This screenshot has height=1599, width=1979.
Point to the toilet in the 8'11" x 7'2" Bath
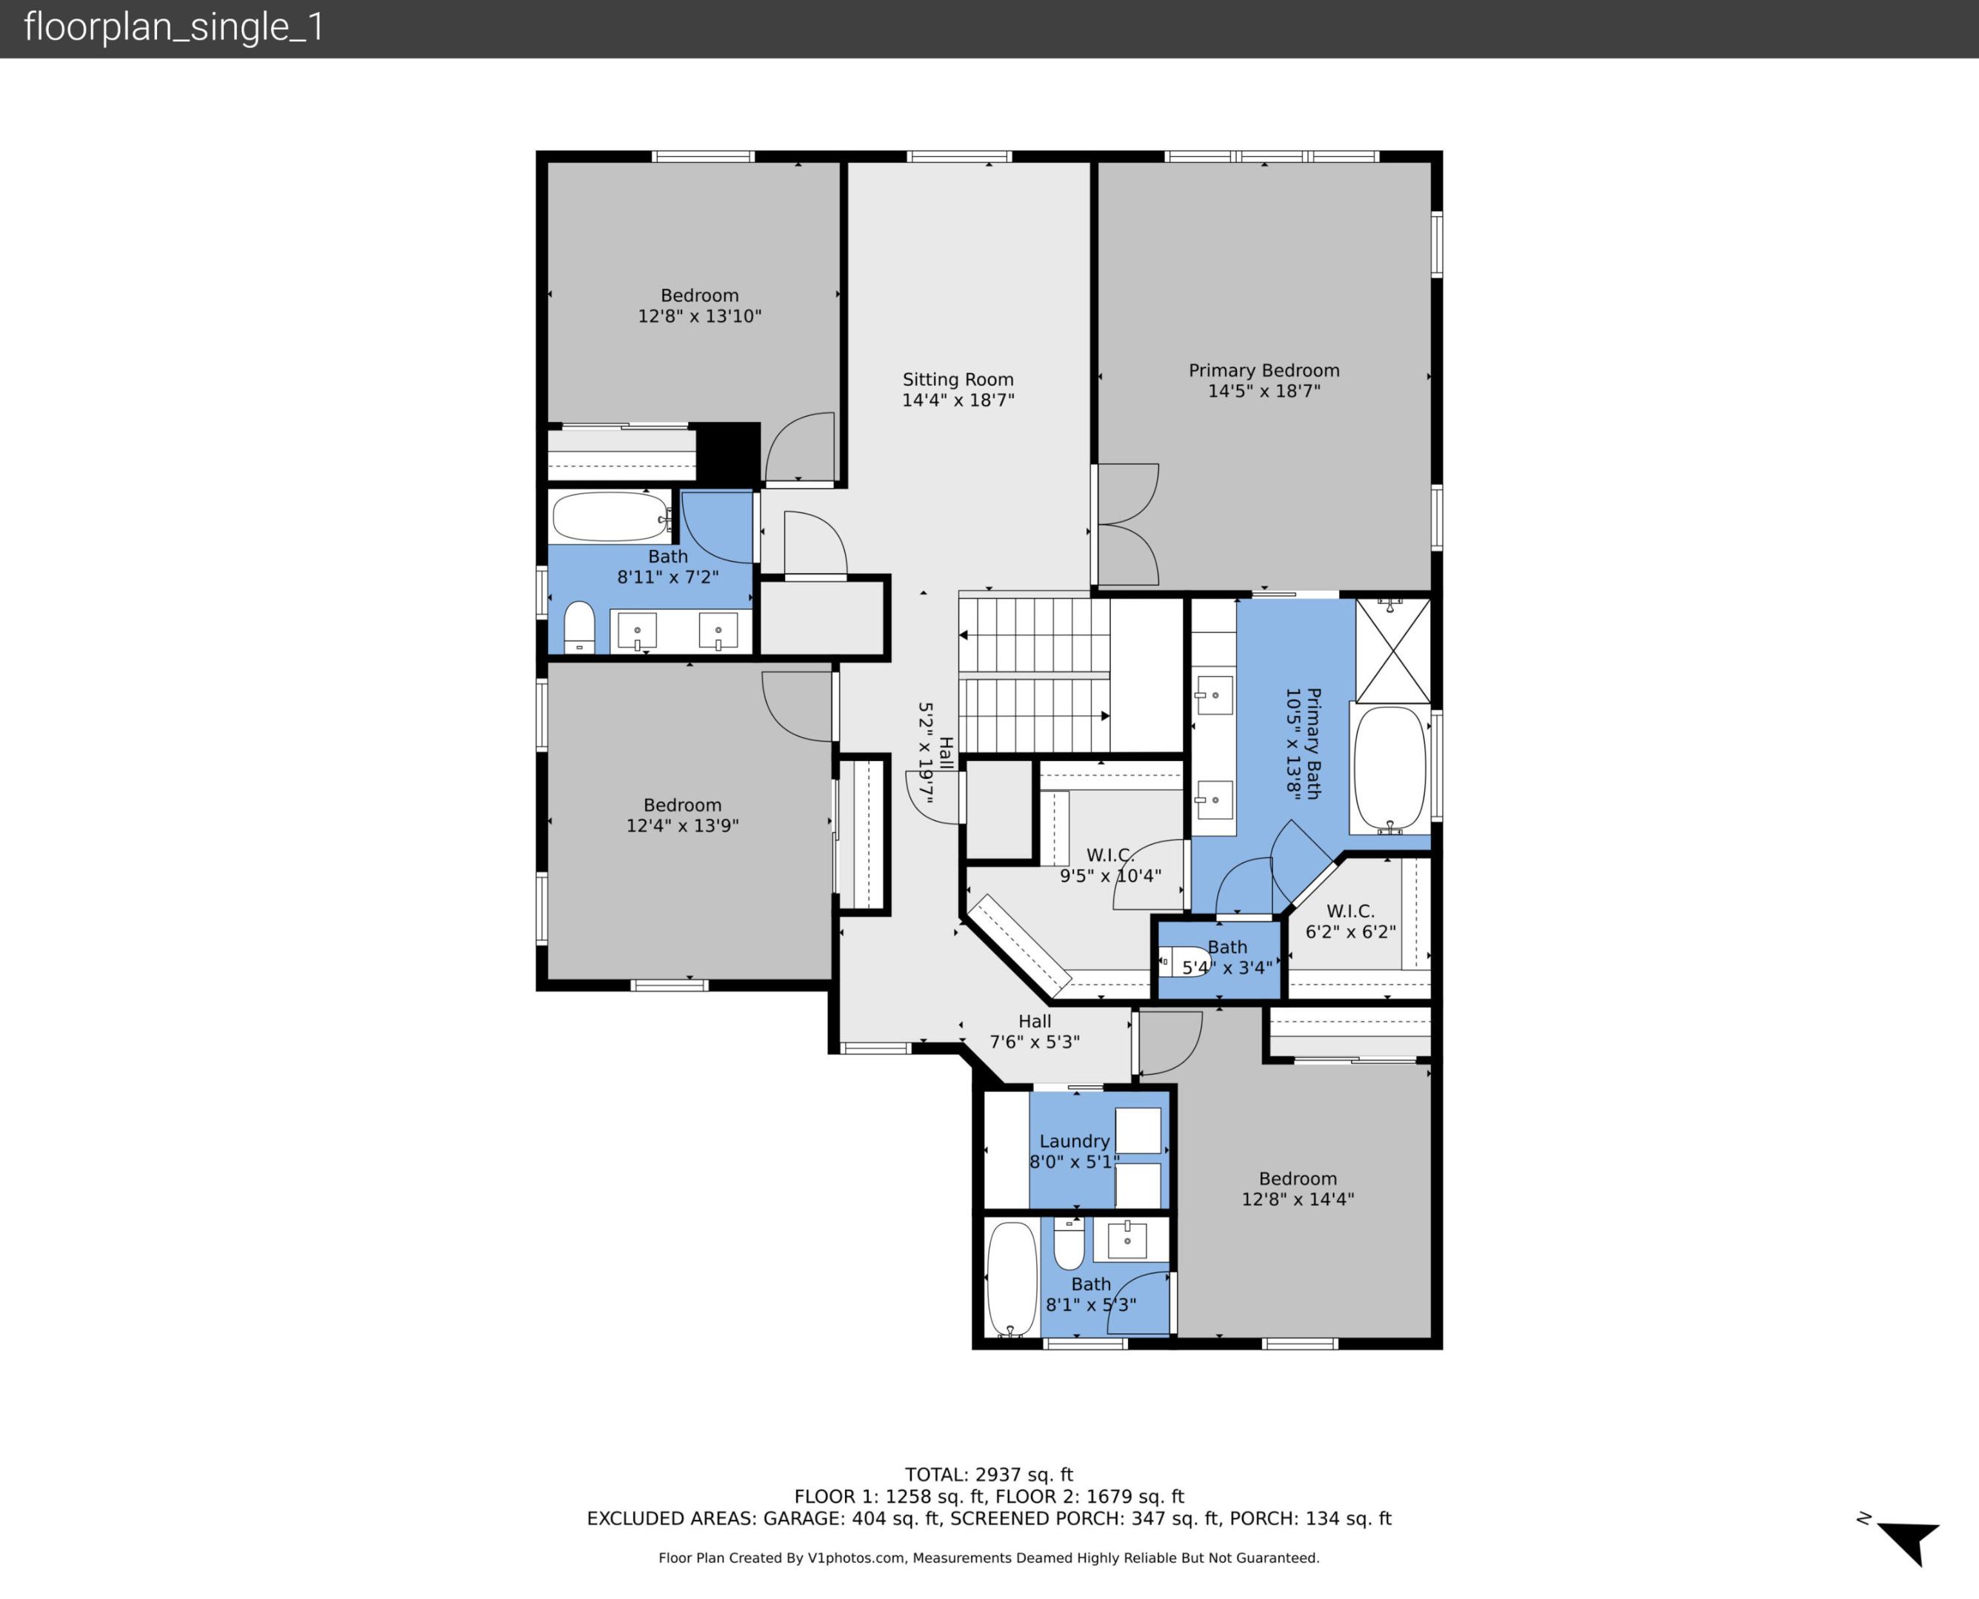[579, 626]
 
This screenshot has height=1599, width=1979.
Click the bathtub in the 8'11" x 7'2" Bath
[609, 517]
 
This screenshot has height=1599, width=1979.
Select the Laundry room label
[1073, 1142]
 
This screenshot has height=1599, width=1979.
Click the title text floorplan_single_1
[174, 27]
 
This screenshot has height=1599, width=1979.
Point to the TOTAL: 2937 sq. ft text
[989, 1475]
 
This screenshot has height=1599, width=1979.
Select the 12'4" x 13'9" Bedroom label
[682, 815]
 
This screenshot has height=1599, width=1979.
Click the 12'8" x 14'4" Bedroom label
[1296, 1189]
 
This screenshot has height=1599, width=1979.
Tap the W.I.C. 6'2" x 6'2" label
[1349, 921]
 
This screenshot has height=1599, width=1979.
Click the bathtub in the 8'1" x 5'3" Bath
[1012, 1278]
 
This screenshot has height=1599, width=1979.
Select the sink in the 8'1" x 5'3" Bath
[1127, 1240]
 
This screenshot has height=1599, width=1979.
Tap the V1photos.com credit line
[989, 1558]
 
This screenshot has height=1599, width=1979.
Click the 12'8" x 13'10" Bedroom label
[699, 306]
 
